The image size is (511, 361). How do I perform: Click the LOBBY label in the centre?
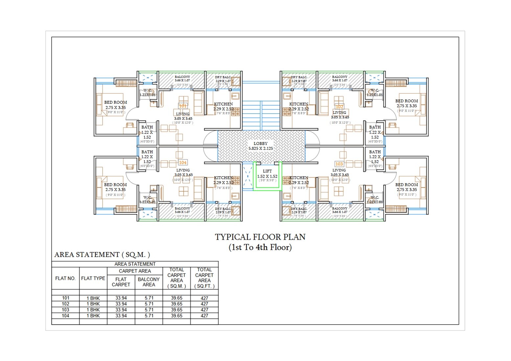point(260,144)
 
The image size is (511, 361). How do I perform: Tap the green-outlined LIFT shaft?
point(267,176)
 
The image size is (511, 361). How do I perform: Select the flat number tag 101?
point(183,106)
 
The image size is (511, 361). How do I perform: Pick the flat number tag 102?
point(339,107)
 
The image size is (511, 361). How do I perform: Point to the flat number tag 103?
point(339,164)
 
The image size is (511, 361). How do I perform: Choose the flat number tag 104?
point(183,162)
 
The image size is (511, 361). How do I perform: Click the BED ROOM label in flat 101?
point(115,102)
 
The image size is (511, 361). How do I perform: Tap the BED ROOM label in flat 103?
point(406,185)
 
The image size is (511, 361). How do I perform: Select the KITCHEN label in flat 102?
point(299,104)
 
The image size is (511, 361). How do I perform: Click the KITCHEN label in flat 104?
point(223,178)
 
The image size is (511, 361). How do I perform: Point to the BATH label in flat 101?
point(147,127)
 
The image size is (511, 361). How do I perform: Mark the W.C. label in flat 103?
point(375,198)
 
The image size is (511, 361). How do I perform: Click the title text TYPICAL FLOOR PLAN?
point(260,237)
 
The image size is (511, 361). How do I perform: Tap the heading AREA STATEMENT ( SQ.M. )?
point(102,255)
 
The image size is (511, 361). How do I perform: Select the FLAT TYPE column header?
point(93,278)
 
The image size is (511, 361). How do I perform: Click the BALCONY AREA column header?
point(149,282)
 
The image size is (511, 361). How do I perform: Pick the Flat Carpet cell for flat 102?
point(121,304)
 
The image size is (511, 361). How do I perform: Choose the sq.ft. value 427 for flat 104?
point(204,316)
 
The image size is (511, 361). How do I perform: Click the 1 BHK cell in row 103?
point(93,310)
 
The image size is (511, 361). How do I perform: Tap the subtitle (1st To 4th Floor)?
point(260,247)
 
